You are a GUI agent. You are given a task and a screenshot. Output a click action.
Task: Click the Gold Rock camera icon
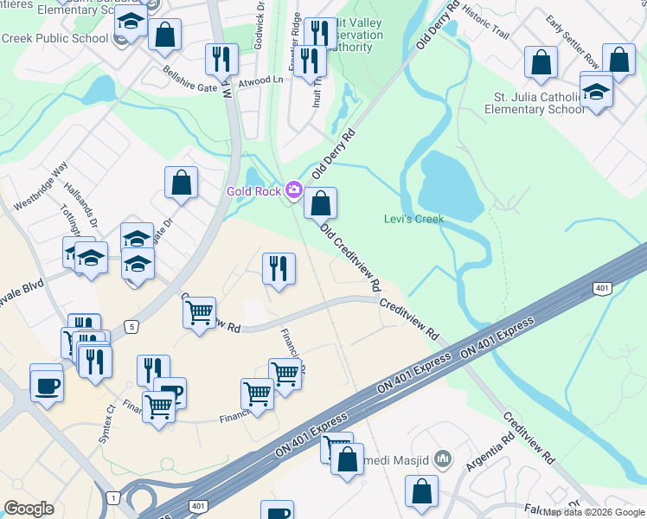pyautogui.click(x=294, y=189)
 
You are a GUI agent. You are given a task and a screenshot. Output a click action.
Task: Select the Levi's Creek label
pyautogui.click(x=413, y=219)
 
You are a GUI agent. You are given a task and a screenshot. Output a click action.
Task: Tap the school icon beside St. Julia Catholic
pyautogui.click(x=596, y=92)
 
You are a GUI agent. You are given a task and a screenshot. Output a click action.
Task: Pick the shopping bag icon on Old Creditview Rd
pyautogui.click(x=320, y=204)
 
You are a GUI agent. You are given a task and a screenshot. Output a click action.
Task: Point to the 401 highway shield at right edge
pyautogui.click(x=602, y=287)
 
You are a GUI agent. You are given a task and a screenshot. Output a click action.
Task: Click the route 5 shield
pyautogui.click(x=131, y=326)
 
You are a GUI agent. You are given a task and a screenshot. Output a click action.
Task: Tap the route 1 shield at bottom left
pyautogui.click(x=112, y=497)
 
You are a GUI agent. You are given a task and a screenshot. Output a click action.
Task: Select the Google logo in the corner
pyautogui.click(x=29, y=508)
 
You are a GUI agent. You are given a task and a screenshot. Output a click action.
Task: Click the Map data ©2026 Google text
pyautogui.click(x=593, y=512)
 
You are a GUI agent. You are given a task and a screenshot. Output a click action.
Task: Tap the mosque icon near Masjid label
pyautogui.click(x=444, y=457)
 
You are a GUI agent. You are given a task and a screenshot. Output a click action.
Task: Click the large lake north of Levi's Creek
pyautogui.click(x=451, y=187)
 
